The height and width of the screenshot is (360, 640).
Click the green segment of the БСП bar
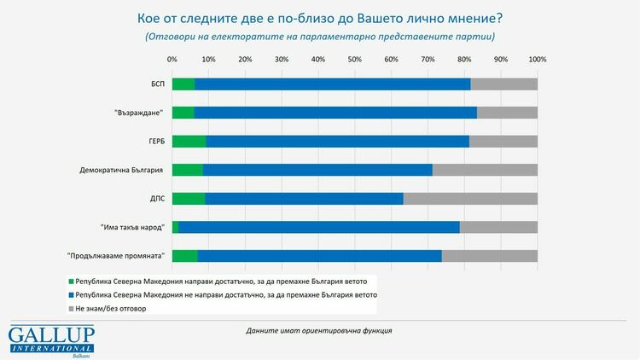point(183,84)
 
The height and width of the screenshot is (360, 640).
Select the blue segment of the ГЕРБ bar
point(337,141)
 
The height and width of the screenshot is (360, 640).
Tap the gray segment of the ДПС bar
point(470,199)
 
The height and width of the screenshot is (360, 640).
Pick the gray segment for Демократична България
point(485,170)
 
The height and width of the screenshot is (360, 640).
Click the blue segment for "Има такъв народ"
point(319,227)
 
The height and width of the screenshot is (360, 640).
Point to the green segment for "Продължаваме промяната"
point(184,256)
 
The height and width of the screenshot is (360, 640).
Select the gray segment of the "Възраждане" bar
point(507,113)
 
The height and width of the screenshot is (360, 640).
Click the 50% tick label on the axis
point(354,60)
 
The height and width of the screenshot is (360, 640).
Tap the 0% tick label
point(172,60)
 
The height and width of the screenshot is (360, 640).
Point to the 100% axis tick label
point(537,60)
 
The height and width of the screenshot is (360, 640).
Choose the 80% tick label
point(463,60)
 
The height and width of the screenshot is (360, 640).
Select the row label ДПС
point(156,199)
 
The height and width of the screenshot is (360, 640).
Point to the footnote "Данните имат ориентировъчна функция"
point(318,330)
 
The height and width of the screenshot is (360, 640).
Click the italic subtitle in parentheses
point(320,37)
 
